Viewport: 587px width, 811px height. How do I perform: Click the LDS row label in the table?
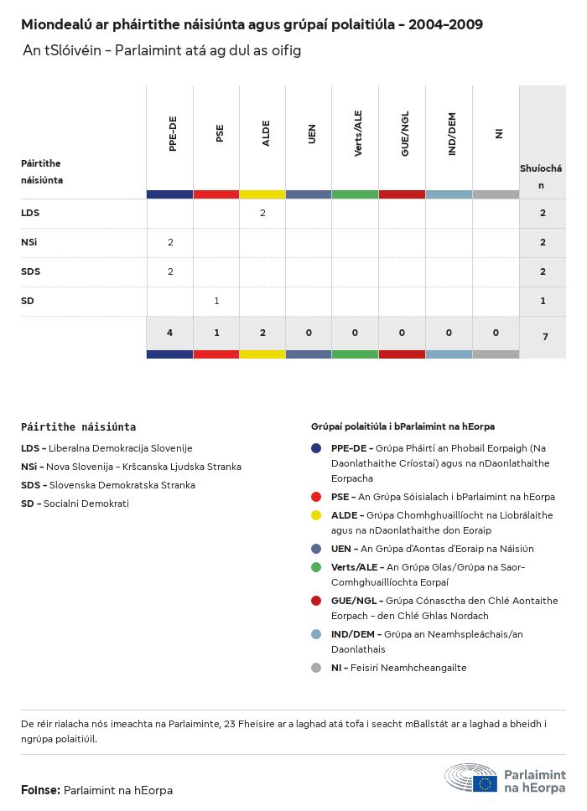click(x=30, y=213)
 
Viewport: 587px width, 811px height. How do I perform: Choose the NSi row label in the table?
click(x=29, y=242)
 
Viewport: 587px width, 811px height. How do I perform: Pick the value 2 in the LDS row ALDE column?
click(x=262, y=213)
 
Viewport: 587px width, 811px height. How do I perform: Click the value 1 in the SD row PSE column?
click(x=216, y=301)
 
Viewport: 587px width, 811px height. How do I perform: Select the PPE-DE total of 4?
click(x=170, y=333)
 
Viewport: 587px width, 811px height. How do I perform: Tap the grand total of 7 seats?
click(x=543, y=336)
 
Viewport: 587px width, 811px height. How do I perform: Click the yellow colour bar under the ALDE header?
click(x=262, y=194)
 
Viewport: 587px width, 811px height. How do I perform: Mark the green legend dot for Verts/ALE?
click(x=316, y=567)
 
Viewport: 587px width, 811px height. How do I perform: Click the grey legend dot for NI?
click(x=316, y=668)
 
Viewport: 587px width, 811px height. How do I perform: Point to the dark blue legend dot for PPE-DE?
click(x=316, y=448)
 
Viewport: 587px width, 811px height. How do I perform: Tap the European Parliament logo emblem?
click(x=470, y=777)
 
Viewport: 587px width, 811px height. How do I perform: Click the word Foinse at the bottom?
click(x=39, y=790)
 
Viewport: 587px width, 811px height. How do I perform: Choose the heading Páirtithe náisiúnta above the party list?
click(x=78, y=426)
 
